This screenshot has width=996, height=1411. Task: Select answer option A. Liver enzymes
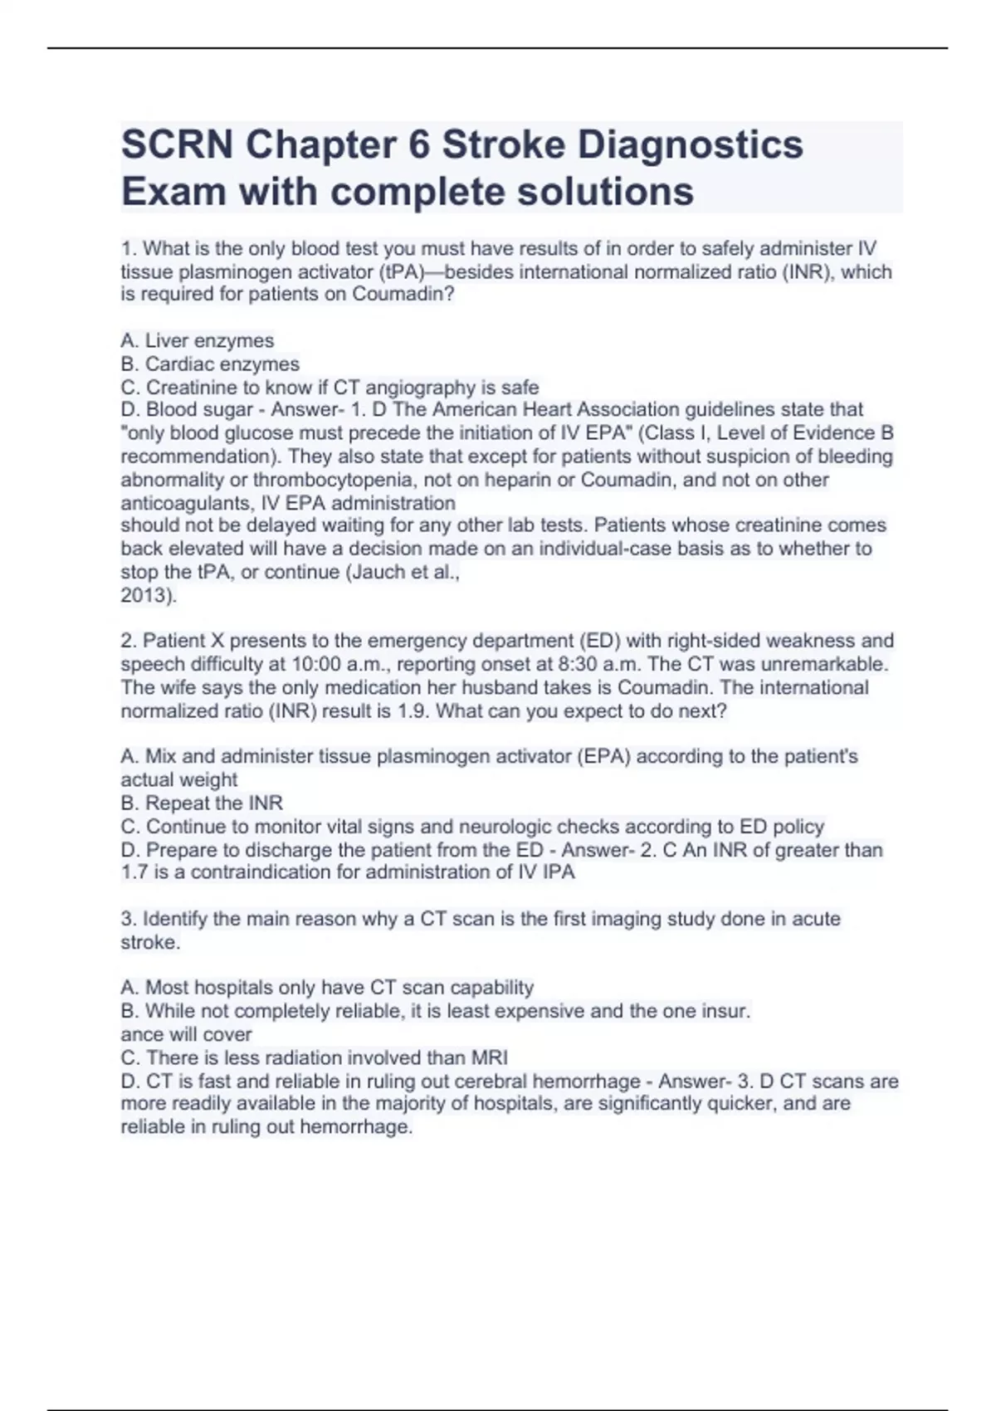coord(198,340)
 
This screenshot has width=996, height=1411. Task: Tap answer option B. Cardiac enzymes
coord(210,364)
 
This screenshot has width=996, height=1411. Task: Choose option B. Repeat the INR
coord(202,803)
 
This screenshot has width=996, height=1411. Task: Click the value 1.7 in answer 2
coord(134,871)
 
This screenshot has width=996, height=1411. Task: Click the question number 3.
coord(128,919)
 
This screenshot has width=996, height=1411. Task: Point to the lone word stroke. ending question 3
coord(150,942)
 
